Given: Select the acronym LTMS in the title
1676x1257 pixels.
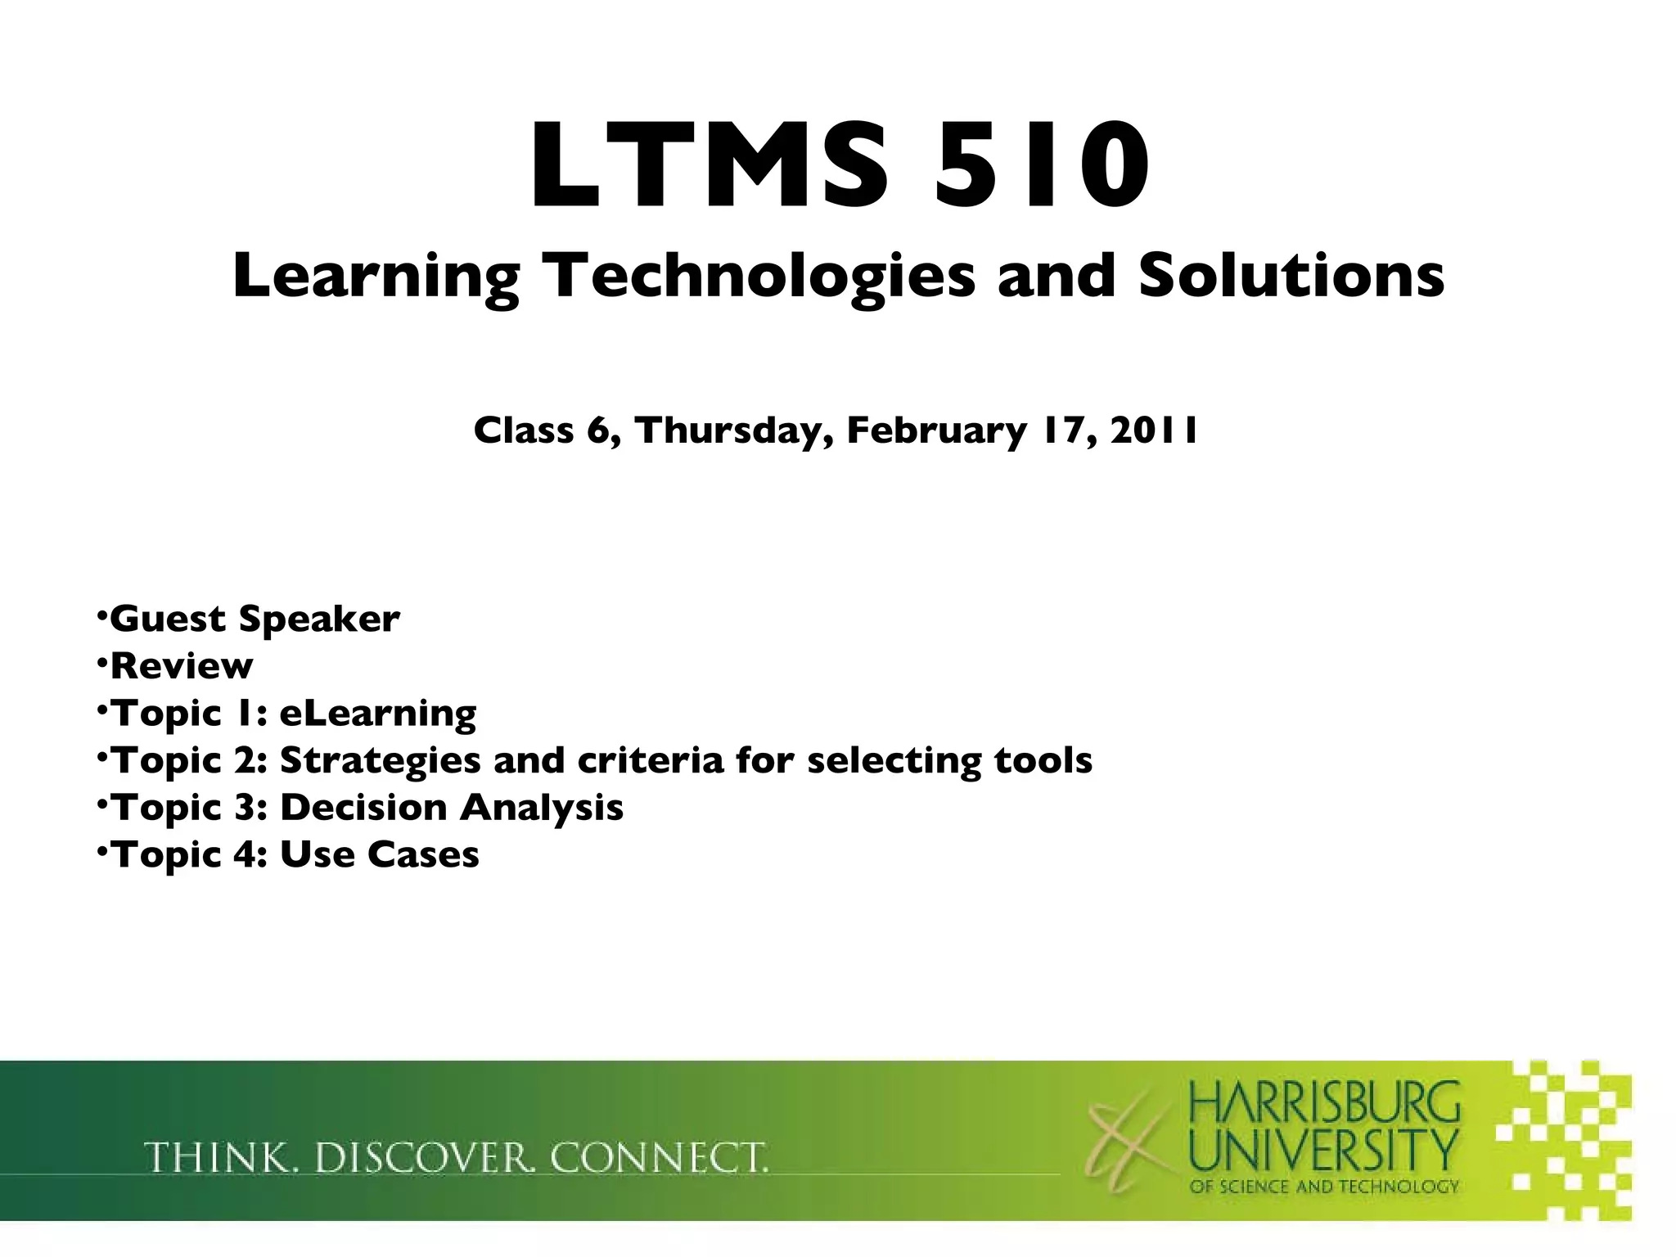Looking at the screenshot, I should click(x=709, y=166).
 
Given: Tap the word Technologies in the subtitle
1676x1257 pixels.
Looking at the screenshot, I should click(x=762, y=277).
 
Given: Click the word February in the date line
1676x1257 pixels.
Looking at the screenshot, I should click(x=935, y=430).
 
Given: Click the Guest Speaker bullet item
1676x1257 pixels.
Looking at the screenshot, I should click(x=255, y=619).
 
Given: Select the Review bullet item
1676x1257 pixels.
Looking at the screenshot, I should click(x=182, y=666).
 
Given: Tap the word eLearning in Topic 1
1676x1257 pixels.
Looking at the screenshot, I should click(x=378, y=714).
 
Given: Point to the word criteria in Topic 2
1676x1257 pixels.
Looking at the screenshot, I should click(x=651, y=760).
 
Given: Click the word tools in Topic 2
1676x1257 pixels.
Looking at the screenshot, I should click(x=1043, y=760).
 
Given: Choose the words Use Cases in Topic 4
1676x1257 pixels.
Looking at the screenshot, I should click(x=380, y=855).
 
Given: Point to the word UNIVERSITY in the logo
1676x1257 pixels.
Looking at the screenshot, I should click(x=1324, y=1150).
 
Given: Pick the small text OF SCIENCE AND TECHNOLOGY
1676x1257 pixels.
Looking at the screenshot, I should click(x=1324, y=1187).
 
